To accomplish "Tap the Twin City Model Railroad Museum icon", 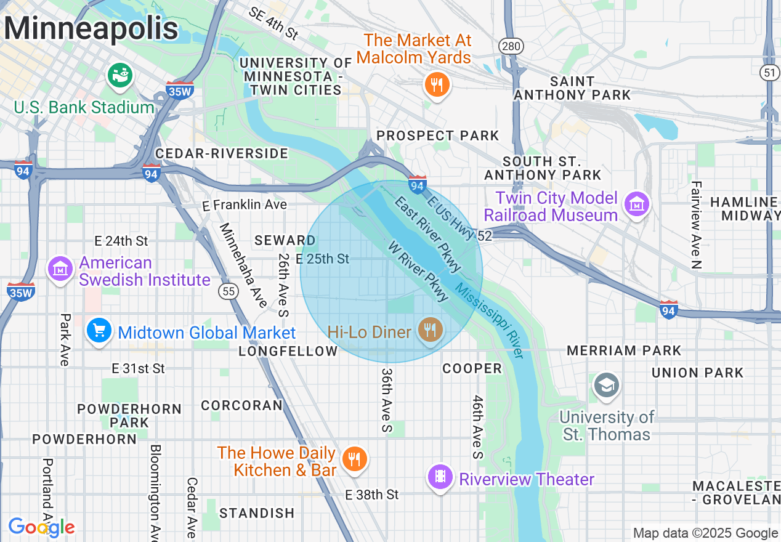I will click(x=637, y=204).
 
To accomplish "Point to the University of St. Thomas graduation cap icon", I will click(x=606, y=385).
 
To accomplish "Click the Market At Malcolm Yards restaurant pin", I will click(x=437, y=84).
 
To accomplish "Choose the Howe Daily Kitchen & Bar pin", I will click(x=354, y=459).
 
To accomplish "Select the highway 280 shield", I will click(x=509, y=46).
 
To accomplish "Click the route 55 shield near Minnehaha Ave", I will click(x=229, y=291).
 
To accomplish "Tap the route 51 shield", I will click(x=769, y=73).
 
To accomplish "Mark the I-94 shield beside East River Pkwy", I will click(x=417, y=184).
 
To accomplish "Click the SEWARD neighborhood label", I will click(x=285, y=240).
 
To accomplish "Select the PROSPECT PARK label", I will click(x=437, y=135).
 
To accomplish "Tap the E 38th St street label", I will click(x=371, y=495).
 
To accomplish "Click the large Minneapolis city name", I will click(x=91, y=28).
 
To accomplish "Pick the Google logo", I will click(x=41, y=527).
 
